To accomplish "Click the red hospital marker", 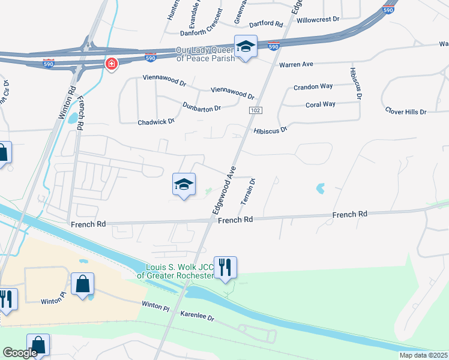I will (111, 64).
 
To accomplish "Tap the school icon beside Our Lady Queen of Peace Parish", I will (245, 46).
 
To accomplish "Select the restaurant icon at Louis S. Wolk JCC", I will (225, 266).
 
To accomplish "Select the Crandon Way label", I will (313, 86).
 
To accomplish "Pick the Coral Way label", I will (320, 104).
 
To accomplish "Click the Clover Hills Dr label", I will (405, 112).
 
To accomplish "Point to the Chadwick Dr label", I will (156, 121).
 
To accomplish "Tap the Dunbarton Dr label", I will (202, 107).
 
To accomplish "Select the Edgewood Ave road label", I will (223, 191).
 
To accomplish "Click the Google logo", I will (20, 353).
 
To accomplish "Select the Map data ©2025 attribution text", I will (424, 355).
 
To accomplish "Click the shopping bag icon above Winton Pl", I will (82, 283).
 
